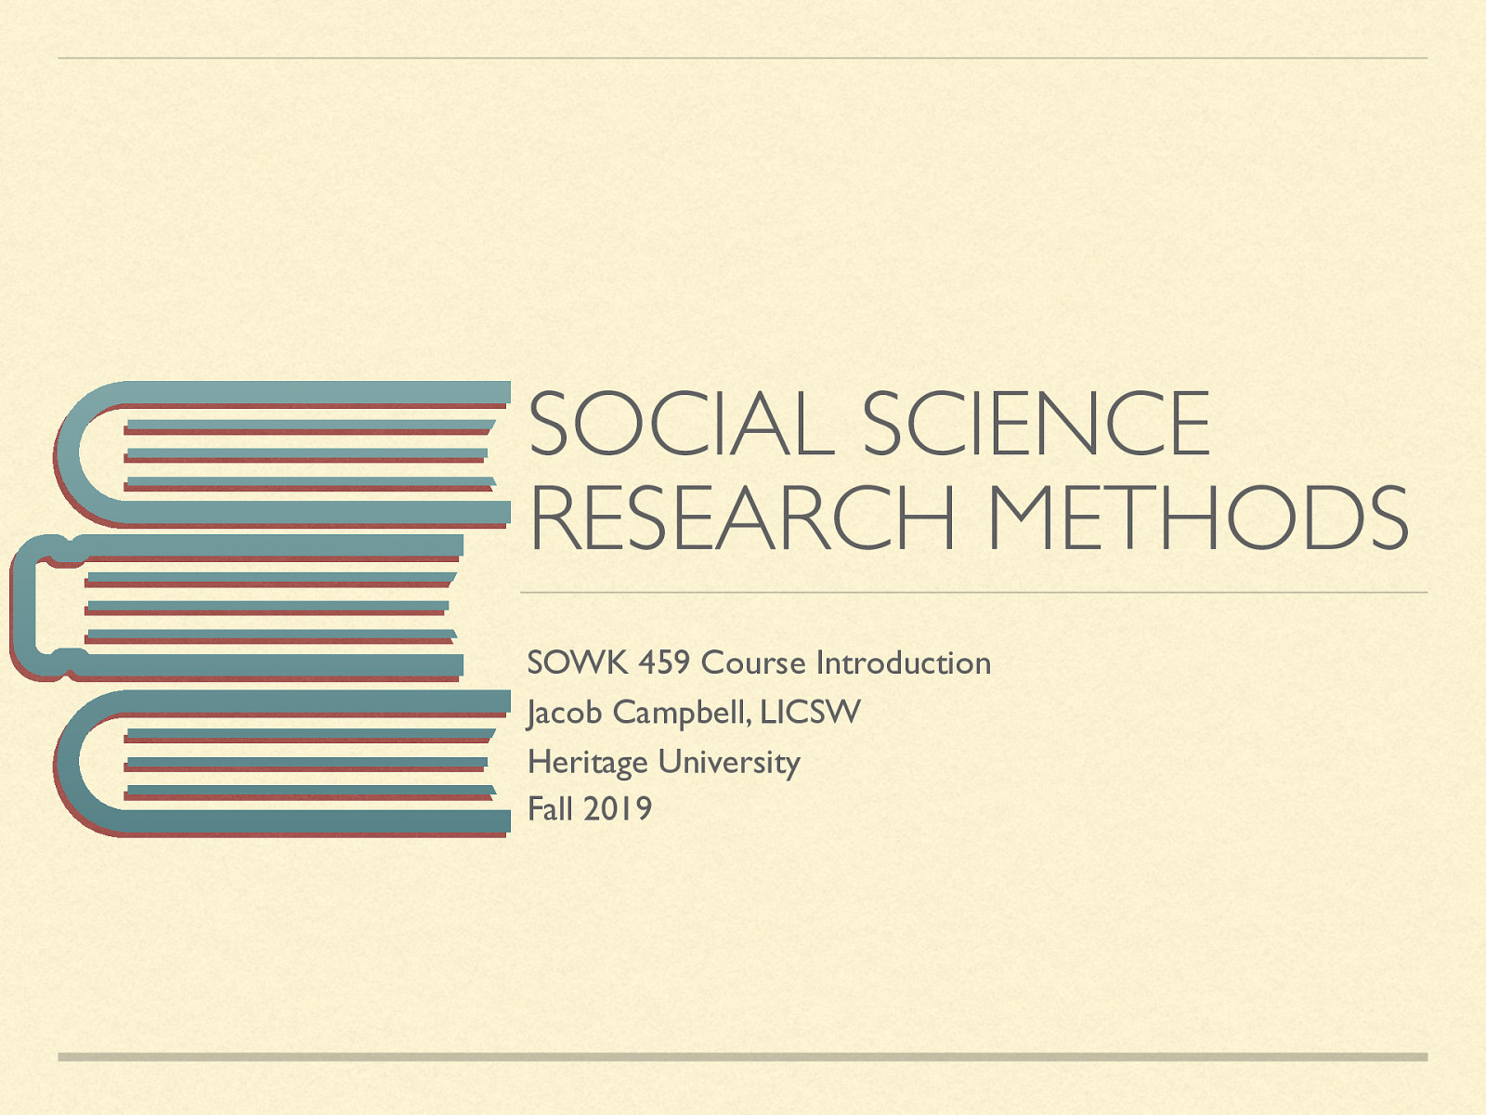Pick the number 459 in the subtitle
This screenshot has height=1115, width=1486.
pyautogui.click(x=664, y=662)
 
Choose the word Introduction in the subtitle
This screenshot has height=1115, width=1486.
pyautogui.click(x=903, y=662)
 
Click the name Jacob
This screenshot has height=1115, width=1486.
pyautogui.click(x=565, y=713)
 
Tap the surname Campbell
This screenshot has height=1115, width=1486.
pyautogui.click(x=682, y=713)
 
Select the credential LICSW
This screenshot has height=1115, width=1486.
pyautogui.click(x=810, y=713)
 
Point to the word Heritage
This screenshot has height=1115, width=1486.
pyautogui.click(x=588, y=762)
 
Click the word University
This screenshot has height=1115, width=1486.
pyautogui.click(x=729, y=762)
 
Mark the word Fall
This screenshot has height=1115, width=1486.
pyautogui.click(x=550, y=808)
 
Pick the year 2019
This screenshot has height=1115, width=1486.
pyautogui.click(x=618, y=808)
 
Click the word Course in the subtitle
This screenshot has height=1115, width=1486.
pyautogui.click(x=753, y=662)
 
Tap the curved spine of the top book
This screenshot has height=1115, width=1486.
pyautogui.click(x=69, y=453)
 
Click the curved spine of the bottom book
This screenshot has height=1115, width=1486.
pyautogui.click(x=69, y=762)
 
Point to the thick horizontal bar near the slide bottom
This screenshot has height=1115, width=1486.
pyautogui.click(x=742, y=1056)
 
